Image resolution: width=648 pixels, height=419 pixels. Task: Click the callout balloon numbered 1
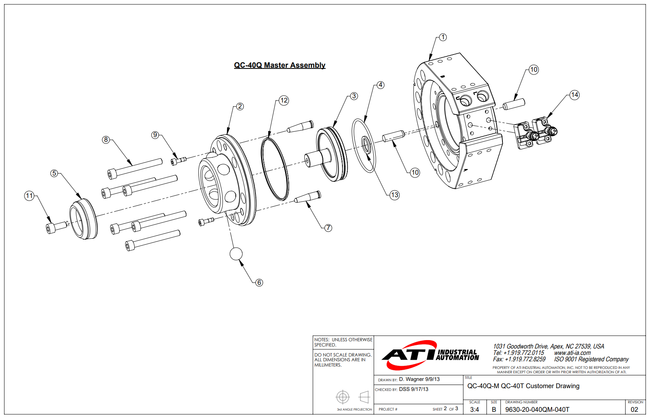click(443, 37)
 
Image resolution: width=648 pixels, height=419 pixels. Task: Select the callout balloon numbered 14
click(575, 95)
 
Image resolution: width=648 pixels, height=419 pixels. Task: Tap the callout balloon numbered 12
click(284, 100)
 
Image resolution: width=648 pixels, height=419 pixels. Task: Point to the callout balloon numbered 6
click(259, 282)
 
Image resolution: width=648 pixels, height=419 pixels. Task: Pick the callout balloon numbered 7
click(328, 228)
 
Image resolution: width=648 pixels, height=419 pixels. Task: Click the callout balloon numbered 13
click(395, 195)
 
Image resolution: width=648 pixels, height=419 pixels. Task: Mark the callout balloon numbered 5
click(54, 173)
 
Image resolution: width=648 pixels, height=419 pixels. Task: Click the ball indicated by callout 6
click(236, 254)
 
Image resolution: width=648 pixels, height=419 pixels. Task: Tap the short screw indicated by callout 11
click(57, 227)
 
